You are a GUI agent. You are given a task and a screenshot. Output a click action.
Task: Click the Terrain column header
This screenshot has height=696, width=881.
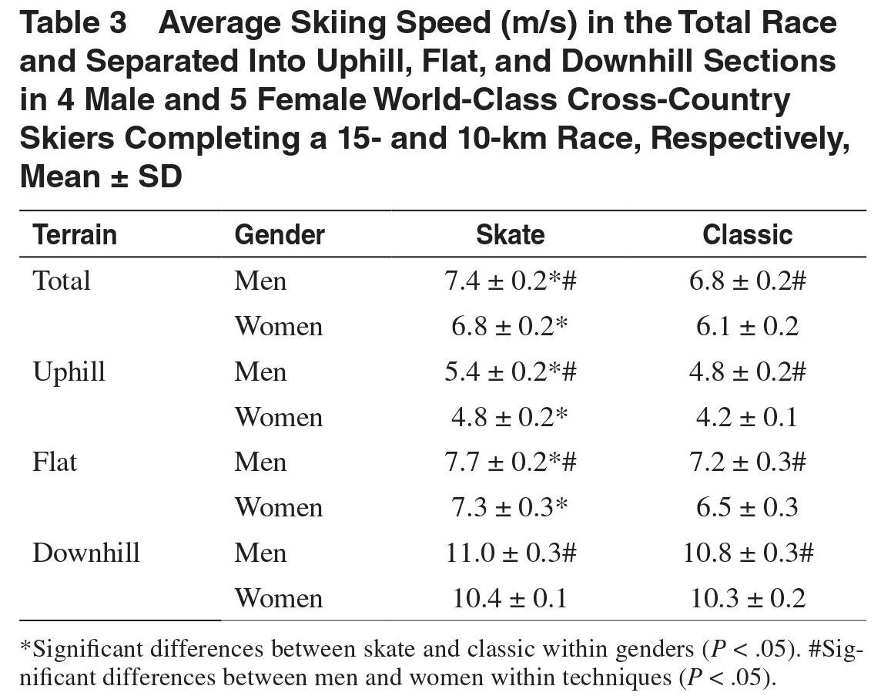point(75,234)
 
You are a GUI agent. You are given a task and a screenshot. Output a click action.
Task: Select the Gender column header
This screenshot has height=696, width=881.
point(280,234)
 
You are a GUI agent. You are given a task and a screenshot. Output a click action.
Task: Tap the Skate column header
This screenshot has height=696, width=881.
point(510,234)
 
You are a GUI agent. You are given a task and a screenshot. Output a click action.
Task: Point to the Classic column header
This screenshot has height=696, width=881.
point(747,234)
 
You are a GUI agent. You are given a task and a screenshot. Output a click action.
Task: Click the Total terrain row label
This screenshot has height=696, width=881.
point(62,281)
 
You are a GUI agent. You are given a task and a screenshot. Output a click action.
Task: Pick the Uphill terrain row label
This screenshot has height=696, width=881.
point(69,372)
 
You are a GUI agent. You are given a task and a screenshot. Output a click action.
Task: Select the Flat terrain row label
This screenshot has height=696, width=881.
point(55,462)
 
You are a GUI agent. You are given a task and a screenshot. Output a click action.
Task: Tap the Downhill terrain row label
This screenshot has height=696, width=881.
point(86,553)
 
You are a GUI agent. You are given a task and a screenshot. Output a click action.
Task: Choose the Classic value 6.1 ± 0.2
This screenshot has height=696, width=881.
point(747,326)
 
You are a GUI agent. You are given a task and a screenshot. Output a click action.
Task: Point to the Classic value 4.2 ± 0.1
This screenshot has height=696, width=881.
point(747,417)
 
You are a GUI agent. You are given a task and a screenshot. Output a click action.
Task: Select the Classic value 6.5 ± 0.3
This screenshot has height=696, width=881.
point(747,508)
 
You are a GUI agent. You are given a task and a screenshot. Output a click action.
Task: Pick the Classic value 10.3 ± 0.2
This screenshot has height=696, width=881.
point(748,598)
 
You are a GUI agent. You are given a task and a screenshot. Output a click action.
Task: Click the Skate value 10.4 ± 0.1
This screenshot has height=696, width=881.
point(510,598)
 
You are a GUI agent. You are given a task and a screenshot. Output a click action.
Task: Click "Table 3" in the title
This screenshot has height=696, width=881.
point(73,24)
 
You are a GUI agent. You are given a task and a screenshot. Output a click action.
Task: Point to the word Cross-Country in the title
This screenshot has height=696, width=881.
point(678,100)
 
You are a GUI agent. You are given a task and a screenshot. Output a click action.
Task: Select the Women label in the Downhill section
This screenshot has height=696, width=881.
point(279,598)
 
